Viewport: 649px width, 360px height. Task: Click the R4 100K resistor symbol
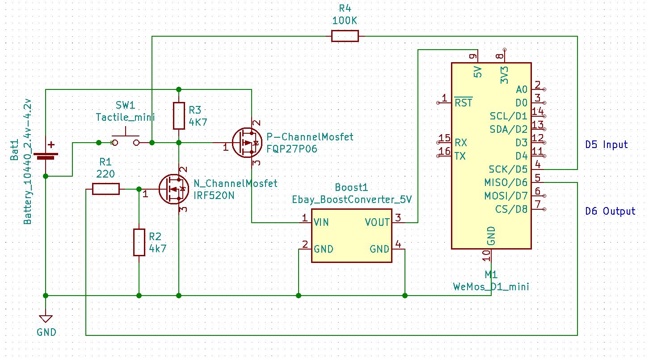click(345, 36)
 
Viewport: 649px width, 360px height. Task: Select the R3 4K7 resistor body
click(179, 116)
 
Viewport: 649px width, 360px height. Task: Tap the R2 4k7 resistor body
click(139, 242)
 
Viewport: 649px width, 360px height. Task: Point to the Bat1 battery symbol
click(46, 154)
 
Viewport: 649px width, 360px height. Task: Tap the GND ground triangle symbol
click(46, 319)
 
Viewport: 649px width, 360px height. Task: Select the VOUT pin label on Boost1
click(377, 222)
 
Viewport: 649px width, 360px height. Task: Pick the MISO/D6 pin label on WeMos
click(506, 183)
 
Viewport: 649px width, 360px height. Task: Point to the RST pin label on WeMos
click(464, 103)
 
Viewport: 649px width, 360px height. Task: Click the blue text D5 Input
click(607, 145)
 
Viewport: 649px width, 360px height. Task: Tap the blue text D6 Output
click(610, 211)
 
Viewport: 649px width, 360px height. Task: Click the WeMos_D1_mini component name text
click(491, 287)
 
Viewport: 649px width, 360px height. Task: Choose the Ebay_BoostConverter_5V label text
click(351, 199)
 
